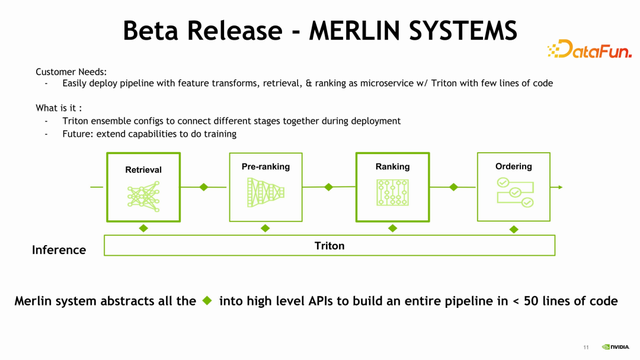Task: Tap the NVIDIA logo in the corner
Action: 617,347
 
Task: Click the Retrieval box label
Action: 143,170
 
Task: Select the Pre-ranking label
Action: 265,166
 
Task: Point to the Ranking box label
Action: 392,166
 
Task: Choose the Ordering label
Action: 513,166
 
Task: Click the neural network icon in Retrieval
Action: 143,197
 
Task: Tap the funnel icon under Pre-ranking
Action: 265,193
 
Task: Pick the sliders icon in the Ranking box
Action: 392,193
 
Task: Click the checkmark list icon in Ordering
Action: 514,193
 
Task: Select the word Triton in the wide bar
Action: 329,245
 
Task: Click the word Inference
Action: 59,250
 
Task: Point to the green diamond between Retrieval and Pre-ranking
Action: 204,187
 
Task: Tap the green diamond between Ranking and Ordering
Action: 454,187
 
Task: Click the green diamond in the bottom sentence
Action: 207,300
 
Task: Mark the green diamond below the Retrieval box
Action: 143,229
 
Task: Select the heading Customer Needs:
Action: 71,72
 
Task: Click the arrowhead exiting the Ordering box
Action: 559,187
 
